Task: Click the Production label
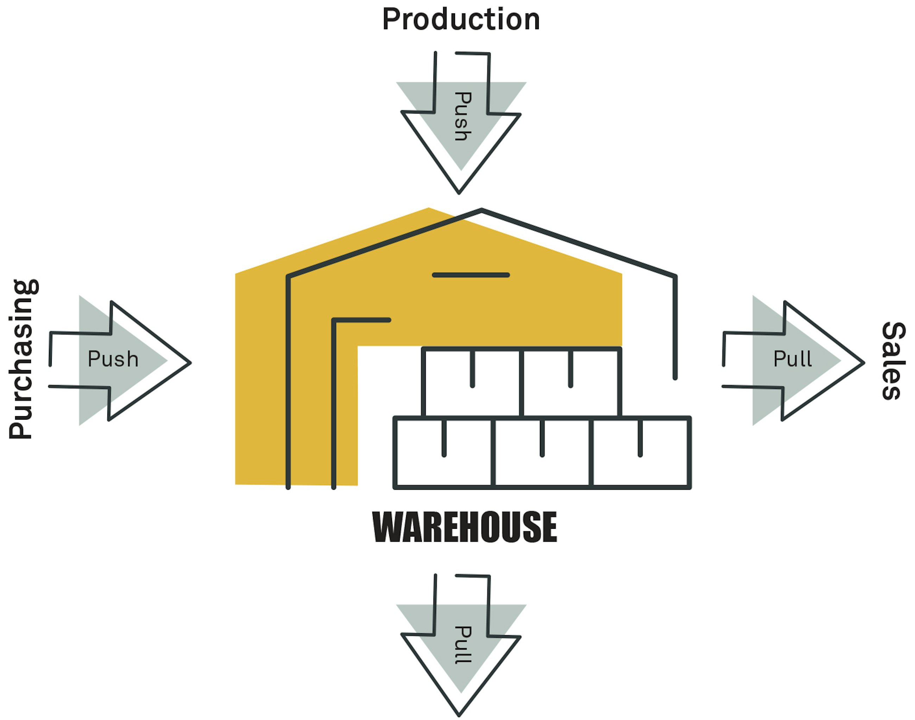[461, 19]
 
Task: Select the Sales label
[893, 361]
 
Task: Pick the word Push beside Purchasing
[113, 359]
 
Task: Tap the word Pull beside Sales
[793, 359]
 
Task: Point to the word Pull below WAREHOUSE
[462, 645]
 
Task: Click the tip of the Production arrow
[459, 193]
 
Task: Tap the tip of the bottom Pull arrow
[459, 715]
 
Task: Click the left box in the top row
[472, 382]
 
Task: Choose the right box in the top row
[571, 382]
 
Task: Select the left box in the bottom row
[443, 452]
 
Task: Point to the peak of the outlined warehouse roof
[481, 209]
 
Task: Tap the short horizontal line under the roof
[471, 275]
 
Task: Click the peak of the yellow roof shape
[428, 208]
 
